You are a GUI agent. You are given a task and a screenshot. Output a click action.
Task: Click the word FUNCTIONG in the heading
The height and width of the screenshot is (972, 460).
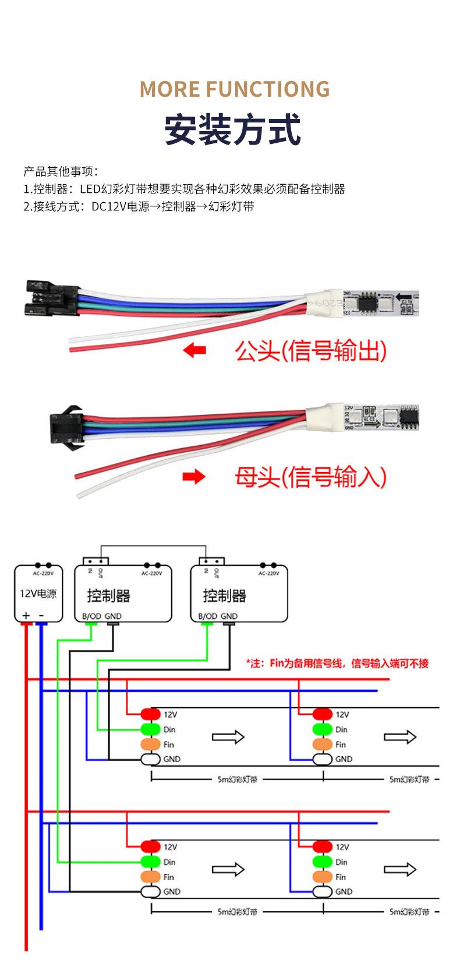tap(268, 89)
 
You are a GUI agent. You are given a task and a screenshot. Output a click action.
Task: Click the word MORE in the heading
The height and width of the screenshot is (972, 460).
tap(169, 89)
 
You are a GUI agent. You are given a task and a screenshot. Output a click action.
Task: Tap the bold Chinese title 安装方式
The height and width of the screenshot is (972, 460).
tap(232, 129)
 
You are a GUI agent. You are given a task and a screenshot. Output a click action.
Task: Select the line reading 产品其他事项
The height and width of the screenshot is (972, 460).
tap(61, 171)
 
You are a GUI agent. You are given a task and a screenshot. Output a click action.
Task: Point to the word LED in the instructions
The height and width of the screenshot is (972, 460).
tap(90, 189)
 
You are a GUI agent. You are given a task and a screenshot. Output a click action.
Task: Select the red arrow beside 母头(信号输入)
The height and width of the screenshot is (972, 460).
tap(194, 477)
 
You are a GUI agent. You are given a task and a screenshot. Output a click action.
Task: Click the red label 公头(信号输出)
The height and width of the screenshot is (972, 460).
tap(310, 351)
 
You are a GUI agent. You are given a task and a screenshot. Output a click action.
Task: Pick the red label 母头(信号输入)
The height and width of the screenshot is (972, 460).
tap(310, 477)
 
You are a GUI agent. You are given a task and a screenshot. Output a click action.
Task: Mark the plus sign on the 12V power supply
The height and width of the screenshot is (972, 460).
tap(26, 615)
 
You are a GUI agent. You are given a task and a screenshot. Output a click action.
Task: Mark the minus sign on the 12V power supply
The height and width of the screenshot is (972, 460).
tap(41, 615)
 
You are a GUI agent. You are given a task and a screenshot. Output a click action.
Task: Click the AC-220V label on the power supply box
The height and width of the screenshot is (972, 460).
tap(43, 573)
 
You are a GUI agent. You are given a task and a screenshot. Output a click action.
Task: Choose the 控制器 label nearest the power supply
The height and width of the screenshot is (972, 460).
tap(108, 596)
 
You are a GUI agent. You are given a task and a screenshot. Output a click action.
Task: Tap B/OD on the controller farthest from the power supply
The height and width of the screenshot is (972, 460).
tap(207, 616)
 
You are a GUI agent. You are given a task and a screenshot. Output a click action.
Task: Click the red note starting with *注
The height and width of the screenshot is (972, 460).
tap(337, 663)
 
